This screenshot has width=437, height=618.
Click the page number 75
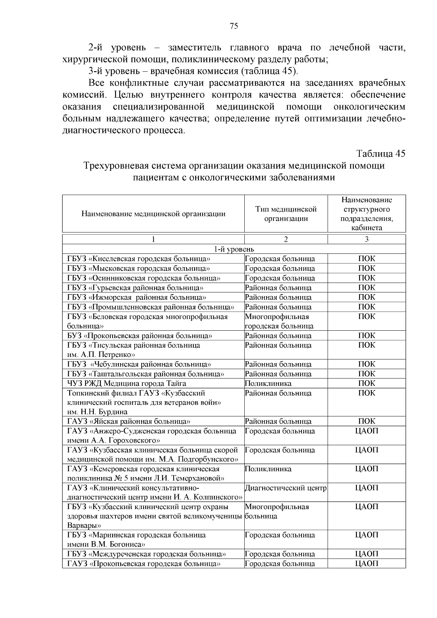(x=234, y=26)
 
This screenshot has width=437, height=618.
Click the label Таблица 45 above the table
(x=381, y=154)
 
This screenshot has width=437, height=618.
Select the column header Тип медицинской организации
(x=286, y=214)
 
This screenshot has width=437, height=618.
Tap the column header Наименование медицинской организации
(x=153, y=214)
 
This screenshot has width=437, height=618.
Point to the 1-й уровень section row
(x=234, y=249)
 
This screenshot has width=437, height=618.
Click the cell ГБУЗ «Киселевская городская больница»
(x=139, y=259)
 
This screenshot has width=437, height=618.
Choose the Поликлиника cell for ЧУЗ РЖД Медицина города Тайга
(x=268, y=383)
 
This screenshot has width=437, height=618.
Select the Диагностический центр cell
(x=286, y=488)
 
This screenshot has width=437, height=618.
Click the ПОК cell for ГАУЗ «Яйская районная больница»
(x=367, y=421)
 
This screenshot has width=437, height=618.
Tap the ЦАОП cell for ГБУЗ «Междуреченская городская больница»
(x=367, y=554)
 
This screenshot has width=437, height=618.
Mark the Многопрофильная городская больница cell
(x=279, y=321)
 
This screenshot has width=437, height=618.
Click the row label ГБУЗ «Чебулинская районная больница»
(x=139, y=364)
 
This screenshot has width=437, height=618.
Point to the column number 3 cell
(x=367, y=239)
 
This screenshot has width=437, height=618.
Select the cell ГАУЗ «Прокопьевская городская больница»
(x=144, y=564)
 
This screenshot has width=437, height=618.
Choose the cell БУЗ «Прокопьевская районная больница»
(x=140, y=336)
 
